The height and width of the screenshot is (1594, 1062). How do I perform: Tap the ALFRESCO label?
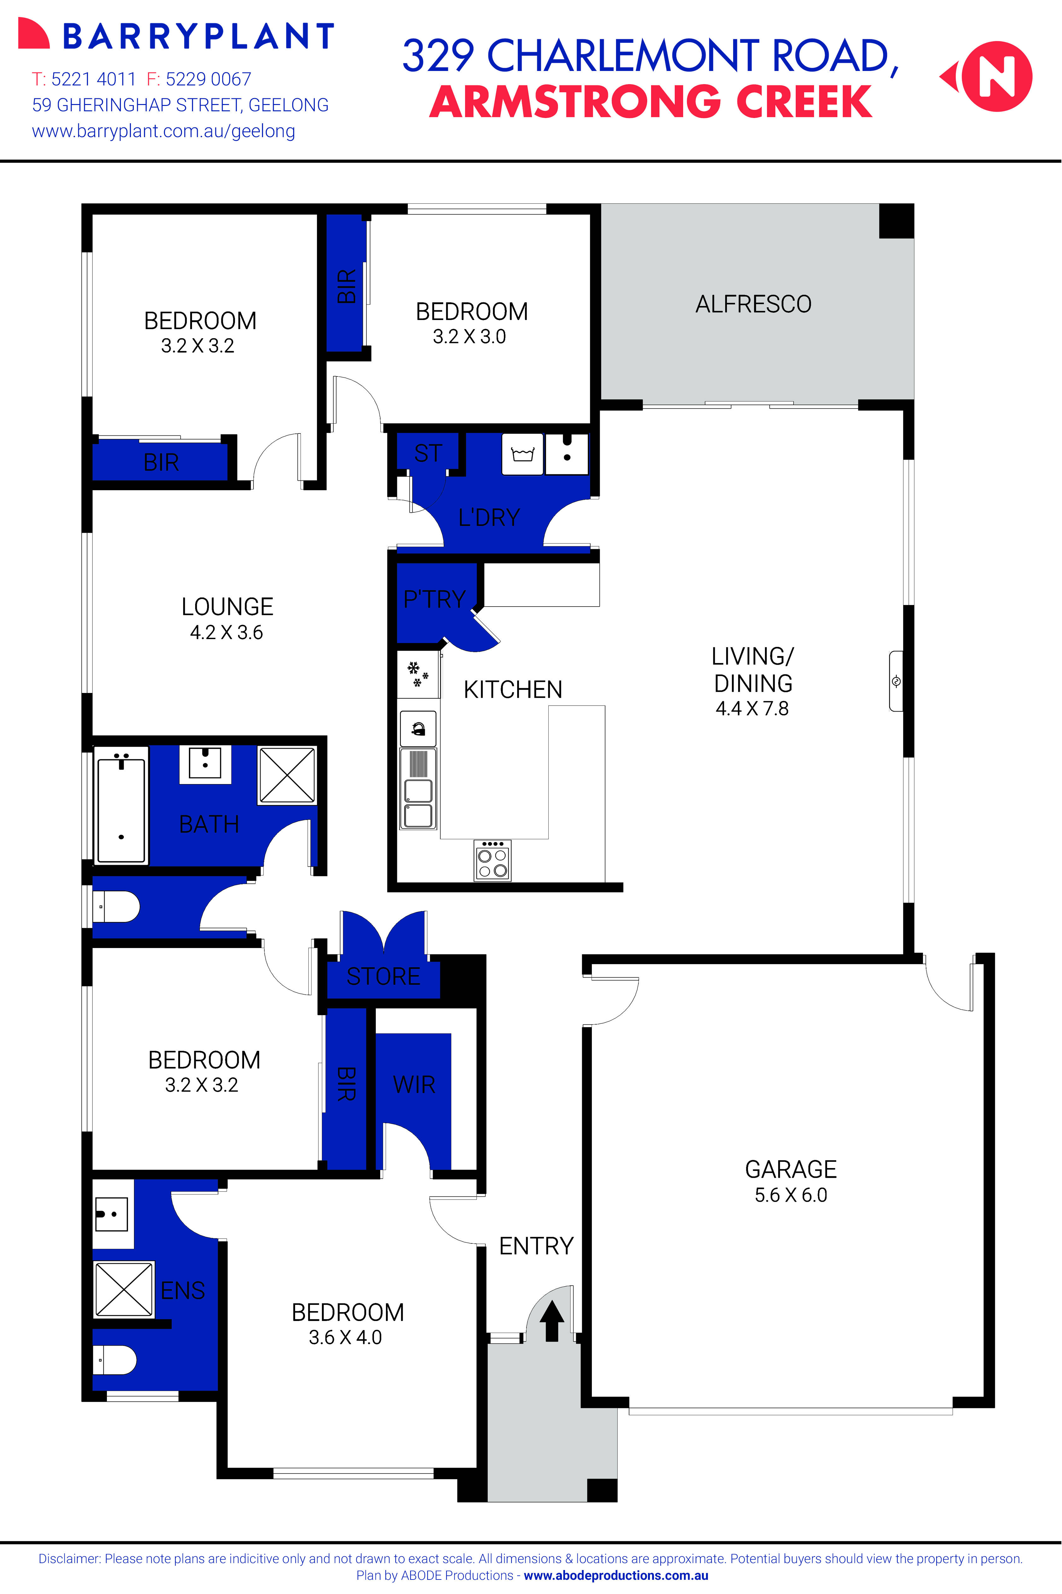pyautogui.click(x=753, y=305)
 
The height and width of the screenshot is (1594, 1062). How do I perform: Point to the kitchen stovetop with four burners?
pyautogui.click(x=493, y=861)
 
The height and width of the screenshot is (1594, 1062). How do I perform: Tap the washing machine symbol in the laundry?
pyautogui.click(x=522, y=454)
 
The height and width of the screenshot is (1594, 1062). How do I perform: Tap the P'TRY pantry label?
pyautogui.click(x=434, y=599)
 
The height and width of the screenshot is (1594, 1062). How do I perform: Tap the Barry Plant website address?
pyautogui.click(x=163, y=131)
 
